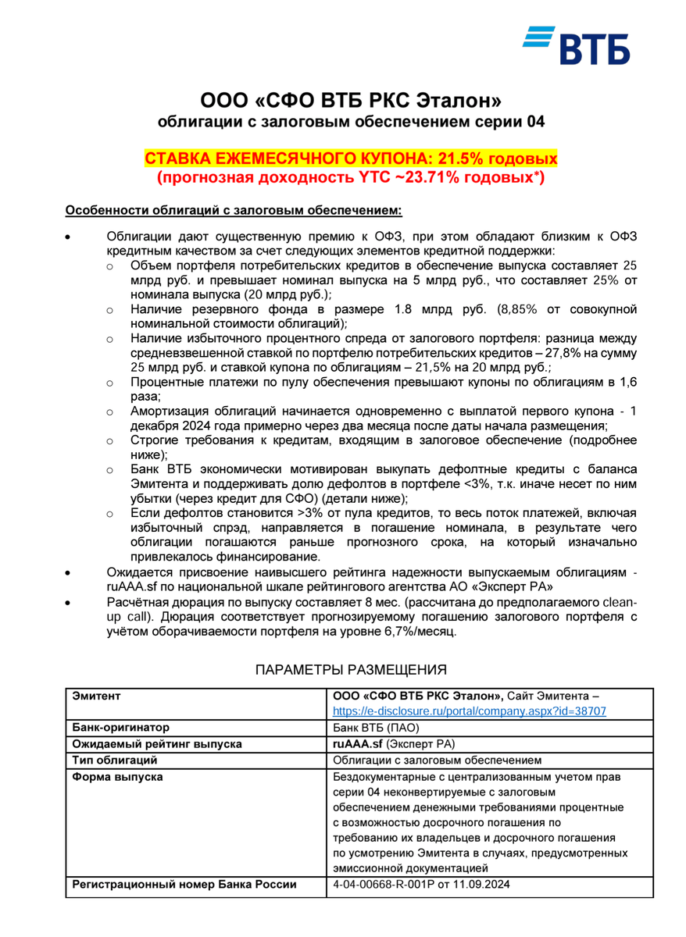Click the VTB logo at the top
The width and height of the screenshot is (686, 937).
[x=577, y=45]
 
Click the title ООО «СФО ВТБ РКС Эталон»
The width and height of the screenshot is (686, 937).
[x=350, y=101]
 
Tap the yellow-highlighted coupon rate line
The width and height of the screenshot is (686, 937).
[x=351, y=159]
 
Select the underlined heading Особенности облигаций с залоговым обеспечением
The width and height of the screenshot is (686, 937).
[x=234, y=210]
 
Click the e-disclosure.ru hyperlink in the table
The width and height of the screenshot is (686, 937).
[x=470, y=711]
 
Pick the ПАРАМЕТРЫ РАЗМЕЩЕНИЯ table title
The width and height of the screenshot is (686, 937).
[x=351, y=669]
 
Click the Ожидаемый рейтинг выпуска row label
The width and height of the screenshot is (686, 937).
[x=155, y=744]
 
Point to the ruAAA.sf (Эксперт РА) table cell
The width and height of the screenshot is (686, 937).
[x=394, y=744]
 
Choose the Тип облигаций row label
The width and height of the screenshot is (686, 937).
[x=115, y=760]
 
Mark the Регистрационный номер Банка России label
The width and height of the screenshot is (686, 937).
[x=184, y=885]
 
